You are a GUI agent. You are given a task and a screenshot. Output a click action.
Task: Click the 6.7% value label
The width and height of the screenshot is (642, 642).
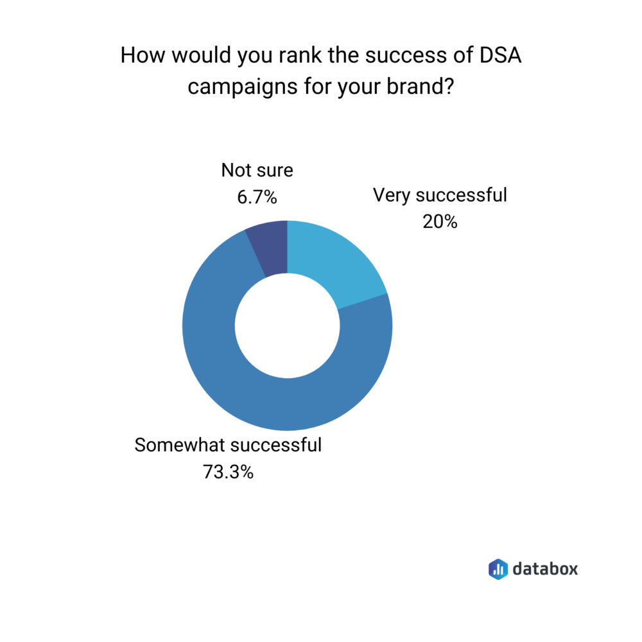[x=257, y=198]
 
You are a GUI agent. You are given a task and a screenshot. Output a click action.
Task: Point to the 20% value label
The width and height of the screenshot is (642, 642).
[x=440, y=222]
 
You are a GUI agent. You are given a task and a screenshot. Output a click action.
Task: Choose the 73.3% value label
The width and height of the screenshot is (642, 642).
[x=228, y=473]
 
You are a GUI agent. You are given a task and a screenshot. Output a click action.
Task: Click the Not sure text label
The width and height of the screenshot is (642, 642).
[x=257, y=171]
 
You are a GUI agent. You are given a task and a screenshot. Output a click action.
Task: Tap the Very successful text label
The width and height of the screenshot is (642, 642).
[x=440, y=195]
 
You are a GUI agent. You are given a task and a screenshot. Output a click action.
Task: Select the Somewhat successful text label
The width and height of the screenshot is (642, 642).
[x=228, y=446]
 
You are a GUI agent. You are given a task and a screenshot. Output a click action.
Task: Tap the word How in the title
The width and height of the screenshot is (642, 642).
[x=139, y=56]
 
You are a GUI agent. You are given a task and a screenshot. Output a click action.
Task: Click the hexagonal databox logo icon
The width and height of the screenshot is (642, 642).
[x=498, y=568]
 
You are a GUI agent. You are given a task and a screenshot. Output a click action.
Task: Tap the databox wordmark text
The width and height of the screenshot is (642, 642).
[x=545, y=568]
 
